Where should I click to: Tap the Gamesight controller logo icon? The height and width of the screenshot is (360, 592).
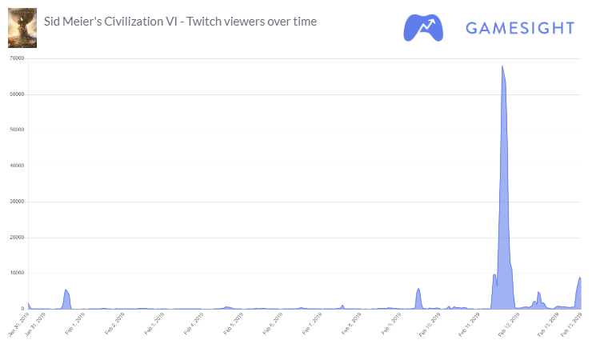pyautogui.click(x=424, y=27)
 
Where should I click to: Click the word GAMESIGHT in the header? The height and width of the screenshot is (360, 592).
pyautogui.click(x=520, y=28)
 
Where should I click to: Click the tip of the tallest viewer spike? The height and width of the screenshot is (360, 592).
pyautogui.click(x=502, y=66)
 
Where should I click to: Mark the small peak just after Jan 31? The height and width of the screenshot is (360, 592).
pyautogui.click(x=66, y=290)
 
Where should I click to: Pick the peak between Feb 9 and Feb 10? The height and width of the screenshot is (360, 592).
pyautogui.click(x=418, y=289)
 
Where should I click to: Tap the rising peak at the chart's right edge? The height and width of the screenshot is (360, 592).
pyautogui.click(x=579, y=278)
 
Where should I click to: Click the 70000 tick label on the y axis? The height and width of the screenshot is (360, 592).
pyautogui.click(x=16, y=58)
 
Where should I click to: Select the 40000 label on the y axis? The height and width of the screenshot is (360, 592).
pyautogui.click(x=16, y=166)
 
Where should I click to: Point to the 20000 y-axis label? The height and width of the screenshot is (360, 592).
pyautogui.click(x=16, y=238)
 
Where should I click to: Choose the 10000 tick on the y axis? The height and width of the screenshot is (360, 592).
pyautogui.click(x=16, y=273)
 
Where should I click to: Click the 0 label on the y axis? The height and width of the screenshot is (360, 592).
pyautogui.click(x=22, y=309)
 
